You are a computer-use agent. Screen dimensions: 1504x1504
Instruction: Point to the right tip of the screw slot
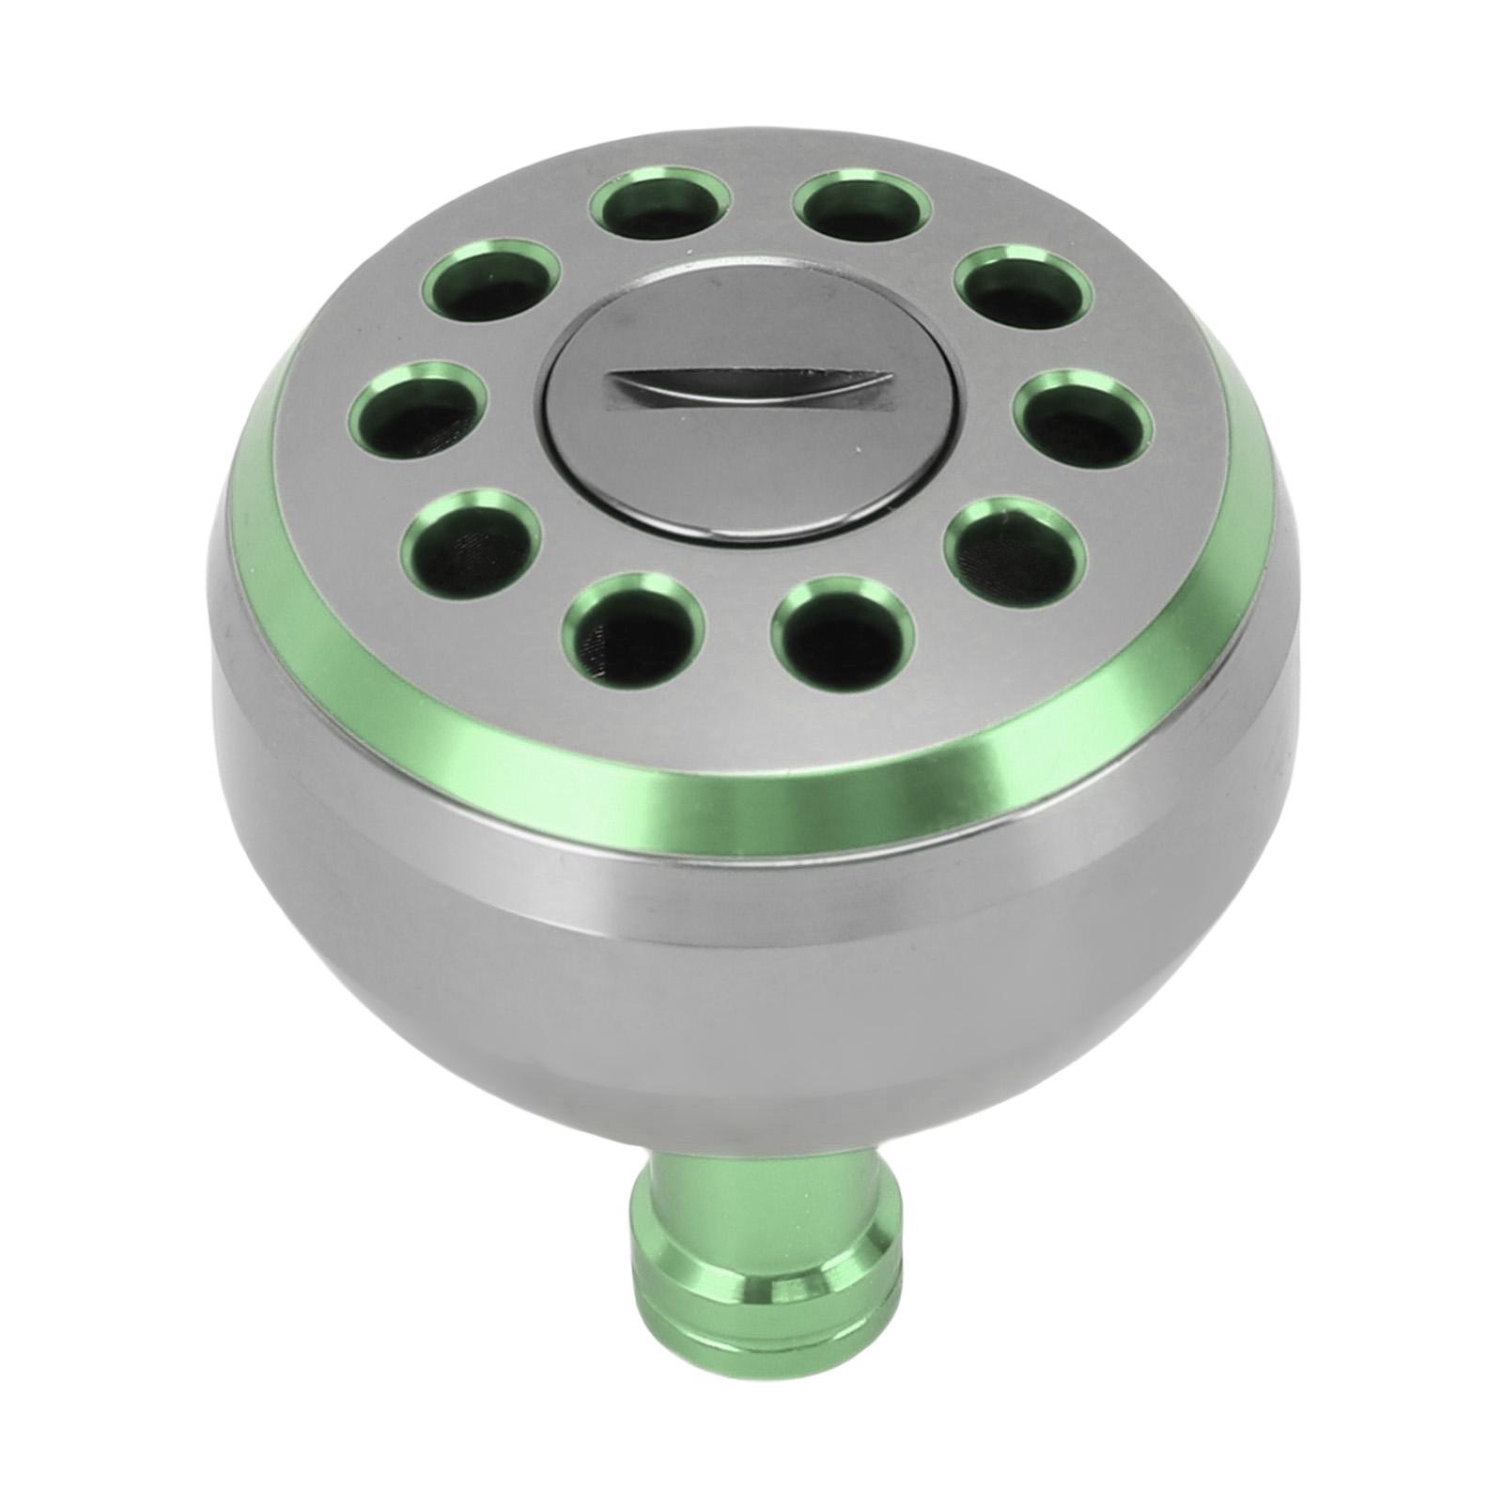[x=888, y=380]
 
